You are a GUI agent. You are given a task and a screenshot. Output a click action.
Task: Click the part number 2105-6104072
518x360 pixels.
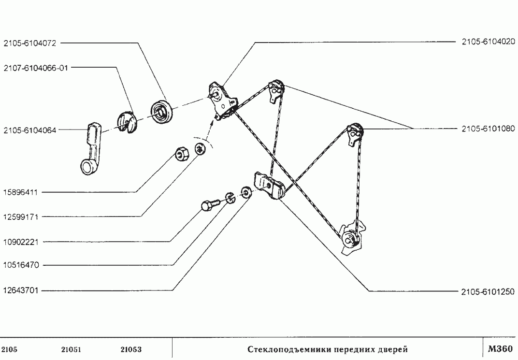[x=29, y=43]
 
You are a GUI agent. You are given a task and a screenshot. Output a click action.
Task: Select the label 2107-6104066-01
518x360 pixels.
[x=35, y=68]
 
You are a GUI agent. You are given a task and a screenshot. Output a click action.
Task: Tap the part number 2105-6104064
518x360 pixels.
[x=29, y=130]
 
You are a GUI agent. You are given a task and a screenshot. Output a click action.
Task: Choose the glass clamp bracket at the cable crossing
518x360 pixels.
[x=269, y=186]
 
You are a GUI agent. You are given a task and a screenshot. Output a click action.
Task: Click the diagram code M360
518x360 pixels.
[x=500, y=349]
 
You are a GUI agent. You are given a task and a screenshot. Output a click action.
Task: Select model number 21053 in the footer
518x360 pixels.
[x=130, y=349]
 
